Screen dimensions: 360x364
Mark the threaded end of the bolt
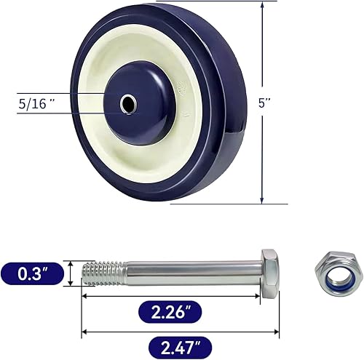tap(98, 275)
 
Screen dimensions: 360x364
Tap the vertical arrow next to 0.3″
tap(71, 275)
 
